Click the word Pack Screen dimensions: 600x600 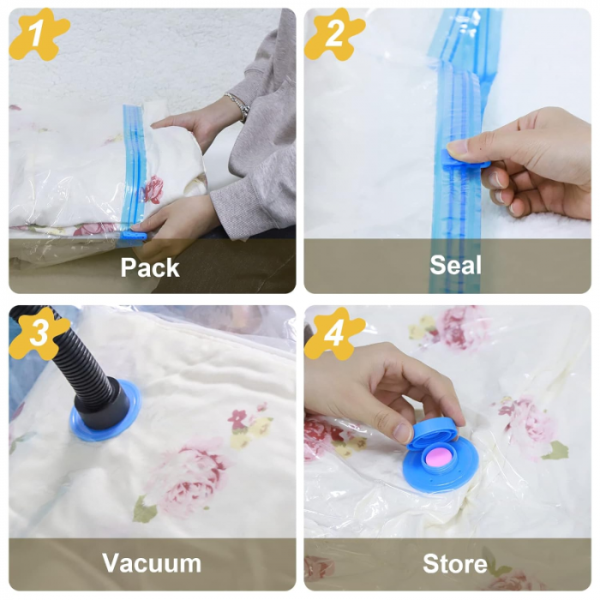pyautogui.click(x=150, y=267)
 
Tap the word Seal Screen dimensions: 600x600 pyautogui.click(x=455, y=265)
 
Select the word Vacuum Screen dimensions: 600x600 pyautogui.click(x=152, y=563)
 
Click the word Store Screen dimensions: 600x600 pyautogui.click(x=455, y=564)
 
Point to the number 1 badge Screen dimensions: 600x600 pyautogui.click(x=39, y=34)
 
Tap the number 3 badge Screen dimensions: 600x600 pyautogui.click(x=39, y=333)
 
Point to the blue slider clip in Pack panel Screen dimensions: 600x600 pyautogui.click(x=132, y=236)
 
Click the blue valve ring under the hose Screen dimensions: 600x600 pyautogui.click(x=105, y=411)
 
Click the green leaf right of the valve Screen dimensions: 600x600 pyautogui.click(x=555, y=450)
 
